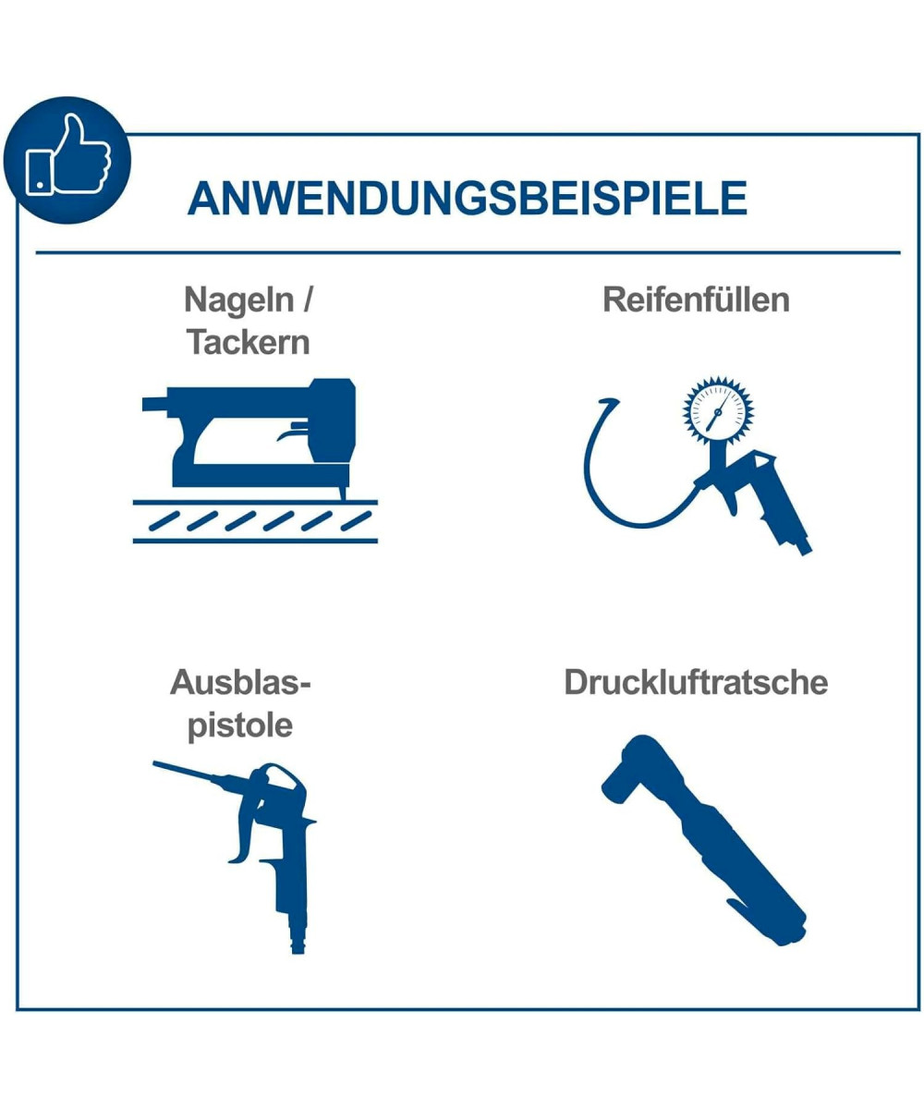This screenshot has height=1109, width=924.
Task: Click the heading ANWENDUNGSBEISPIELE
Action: coord(468,198)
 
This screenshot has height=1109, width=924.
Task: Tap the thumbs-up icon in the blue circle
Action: coord(68,155)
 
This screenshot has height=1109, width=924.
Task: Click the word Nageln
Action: coord(239,300)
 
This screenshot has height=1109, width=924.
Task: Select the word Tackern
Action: coord(248,342)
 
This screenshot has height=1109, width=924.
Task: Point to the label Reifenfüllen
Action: coord(696,299)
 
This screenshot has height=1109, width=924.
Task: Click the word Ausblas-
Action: coord(240,683)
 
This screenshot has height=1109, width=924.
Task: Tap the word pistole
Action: coord(240,725)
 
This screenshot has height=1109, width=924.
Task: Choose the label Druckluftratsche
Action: coord(696,683)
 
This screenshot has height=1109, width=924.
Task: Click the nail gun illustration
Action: coord(255,441)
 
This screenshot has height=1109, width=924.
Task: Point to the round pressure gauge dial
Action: coord(718,410)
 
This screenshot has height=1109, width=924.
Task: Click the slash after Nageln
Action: coord(306,299)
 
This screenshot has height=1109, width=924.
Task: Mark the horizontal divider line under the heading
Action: coord(468,252)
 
